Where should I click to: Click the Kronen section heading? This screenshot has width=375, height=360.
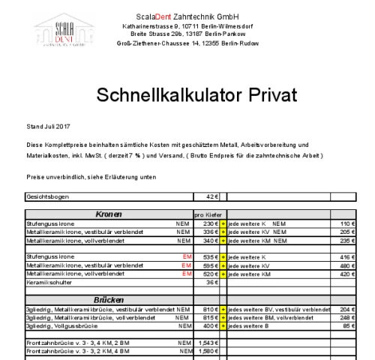[x=109, y=214]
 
